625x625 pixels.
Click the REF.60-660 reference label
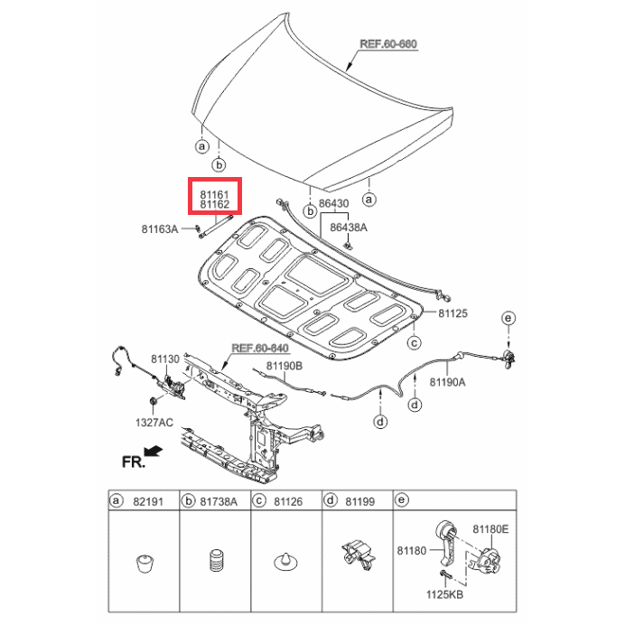click(x=388, y=44)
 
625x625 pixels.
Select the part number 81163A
click(x=160, y=229)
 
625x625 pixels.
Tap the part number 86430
click(x=333, y=204)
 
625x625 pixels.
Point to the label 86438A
click(x=349, y=228)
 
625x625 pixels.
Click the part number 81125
click(x=452, y=313)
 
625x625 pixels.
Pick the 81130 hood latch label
click(x=165, y=359)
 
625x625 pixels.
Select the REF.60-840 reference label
click(x=260, y=348)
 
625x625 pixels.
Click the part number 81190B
click(x=285, y=366)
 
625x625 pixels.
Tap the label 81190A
click(x=447, y=382)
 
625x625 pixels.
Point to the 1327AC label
click(x=154, y=423)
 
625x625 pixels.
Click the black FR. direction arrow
click(x=153, y=451)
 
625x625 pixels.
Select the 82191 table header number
click(x=148, y=501)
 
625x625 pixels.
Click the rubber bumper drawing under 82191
click(x=145, y=564)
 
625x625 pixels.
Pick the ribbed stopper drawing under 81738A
click(x=217, y=561)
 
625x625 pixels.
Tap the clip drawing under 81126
click(x=285, y=562)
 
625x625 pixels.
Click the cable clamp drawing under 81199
click(x=358, y=555)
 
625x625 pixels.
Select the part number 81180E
click(x=490, y=529)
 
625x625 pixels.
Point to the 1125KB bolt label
click(x=445, y=594)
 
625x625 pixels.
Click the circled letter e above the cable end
click(x=508, y=318)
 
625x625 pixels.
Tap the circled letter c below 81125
click(x=415, y=343)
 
